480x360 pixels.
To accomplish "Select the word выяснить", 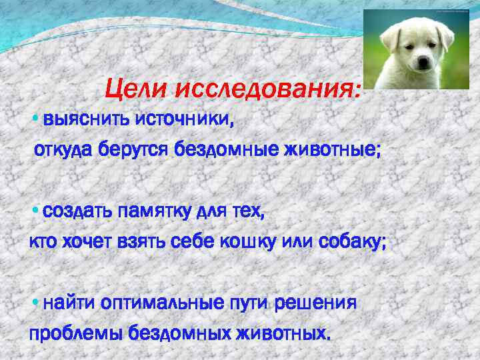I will tap(87, 121).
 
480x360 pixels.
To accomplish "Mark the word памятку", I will tap(155, 212).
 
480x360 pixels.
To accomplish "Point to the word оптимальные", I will tap(164, 303).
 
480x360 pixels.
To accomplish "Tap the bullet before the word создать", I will tap(35, 212).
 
